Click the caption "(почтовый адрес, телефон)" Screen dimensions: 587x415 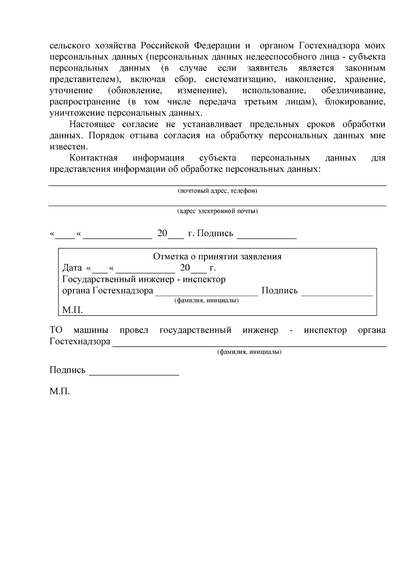point(217,191)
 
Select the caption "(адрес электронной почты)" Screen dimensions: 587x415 point(217,211)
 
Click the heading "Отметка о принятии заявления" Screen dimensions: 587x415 point(217,257)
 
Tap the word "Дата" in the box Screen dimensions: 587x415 point(72,268)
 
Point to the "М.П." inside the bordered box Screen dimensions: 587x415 point(72,310)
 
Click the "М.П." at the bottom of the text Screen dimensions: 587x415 point(59,392)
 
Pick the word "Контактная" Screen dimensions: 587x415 point(93,158)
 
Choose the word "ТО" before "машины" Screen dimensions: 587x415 point(56,330)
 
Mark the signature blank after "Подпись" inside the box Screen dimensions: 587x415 point(337,295)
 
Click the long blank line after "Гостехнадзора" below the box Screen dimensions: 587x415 point(249,345)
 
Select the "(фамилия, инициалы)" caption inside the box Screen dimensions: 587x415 point(206,300)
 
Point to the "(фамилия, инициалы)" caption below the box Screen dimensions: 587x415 point(249,352)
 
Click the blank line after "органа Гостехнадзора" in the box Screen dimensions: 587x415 point(206,295)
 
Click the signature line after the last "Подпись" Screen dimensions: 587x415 point(134,374)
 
